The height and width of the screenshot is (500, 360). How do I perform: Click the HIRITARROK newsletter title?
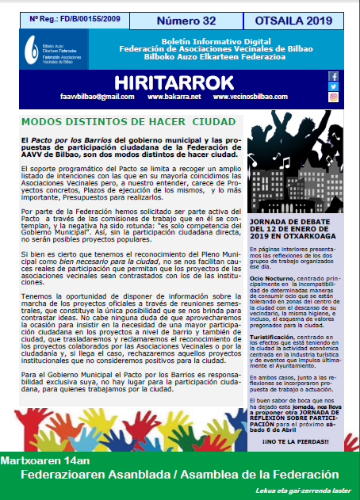point(174,82)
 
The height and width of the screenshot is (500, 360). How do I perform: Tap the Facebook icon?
point(333,76)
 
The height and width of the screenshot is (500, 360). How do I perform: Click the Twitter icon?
point(333,86)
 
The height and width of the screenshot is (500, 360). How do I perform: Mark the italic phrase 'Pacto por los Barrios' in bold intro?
point(65,139)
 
